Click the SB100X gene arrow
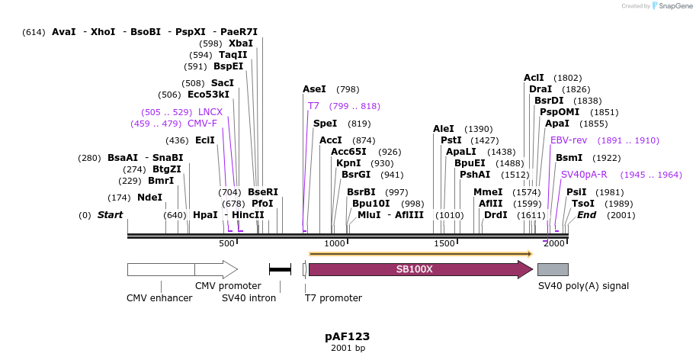(420, 269)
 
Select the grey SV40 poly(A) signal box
(553, 269)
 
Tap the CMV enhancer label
(159, 297)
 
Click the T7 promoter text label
(333, 297)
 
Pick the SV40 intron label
(249, 297)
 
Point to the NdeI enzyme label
(150, 198)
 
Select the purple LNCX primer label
(210, 112)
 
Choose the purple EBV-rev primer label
(569, 140)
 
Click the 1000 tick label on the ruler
(335, 243)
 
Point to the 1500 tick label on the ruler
(444, 243)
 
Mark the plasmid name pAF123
(347, 336)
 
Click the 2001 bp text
(348, 349)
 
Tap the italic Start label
(110, 215)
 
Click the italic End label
(586, 215)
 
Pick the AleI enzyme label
(444, 129)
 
